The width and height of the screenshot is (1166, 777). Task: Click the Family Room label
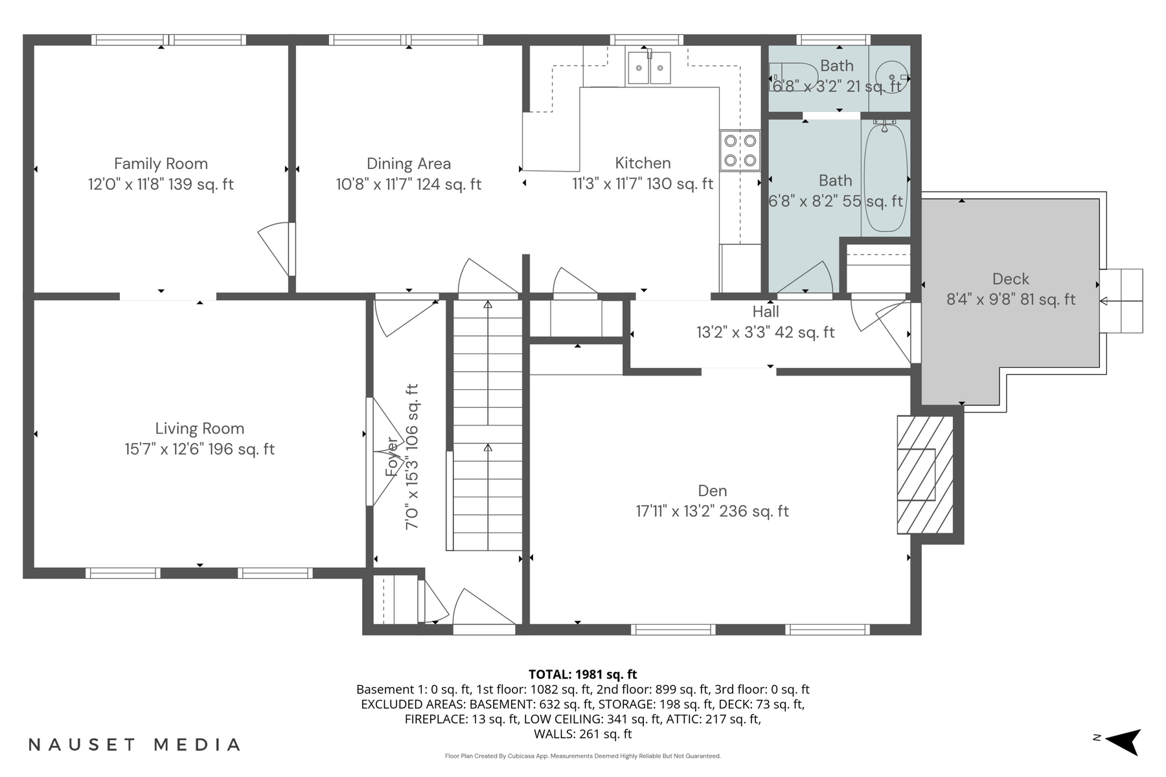tap(161, 164)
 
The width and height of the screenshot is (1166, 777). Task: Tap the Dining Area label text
tap(408, 164)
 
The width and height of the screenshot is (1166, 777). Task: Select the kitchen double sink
tap(649, 67)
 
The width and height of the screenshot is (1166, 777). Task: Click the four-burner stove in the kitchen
tap(740, 150)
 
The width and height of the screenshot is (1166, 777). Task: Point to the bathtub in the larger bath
tap(885, 178)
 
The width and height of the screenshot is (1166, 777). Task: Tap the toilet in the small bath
tap(794, 77)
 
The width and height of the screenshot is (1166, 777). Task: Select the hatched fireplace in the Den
tap(924, 475)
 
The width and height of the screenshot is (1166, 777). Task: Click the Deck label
tap(1011, 279)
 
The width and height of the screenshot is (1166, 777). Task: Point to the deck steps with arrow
tap(1122, 300)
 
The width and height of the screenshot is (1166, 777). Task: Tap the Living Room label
tap(200, 429)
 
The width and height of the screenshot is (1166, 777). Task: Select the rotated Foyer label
tap(392, 456)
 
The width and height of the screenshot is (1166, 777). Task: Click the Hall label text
tap(766, 311)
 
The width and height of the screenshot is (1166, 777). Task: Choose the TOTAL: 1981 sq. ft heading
tap(582, 674)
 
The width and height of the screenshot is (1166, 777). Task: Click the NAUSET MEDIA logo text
tap(134, 745)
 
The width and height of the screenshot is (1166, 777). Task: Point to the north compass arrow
tap(1123, 741)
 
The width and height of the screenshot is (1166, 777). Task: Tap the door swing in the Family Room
tap(275, 247)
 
